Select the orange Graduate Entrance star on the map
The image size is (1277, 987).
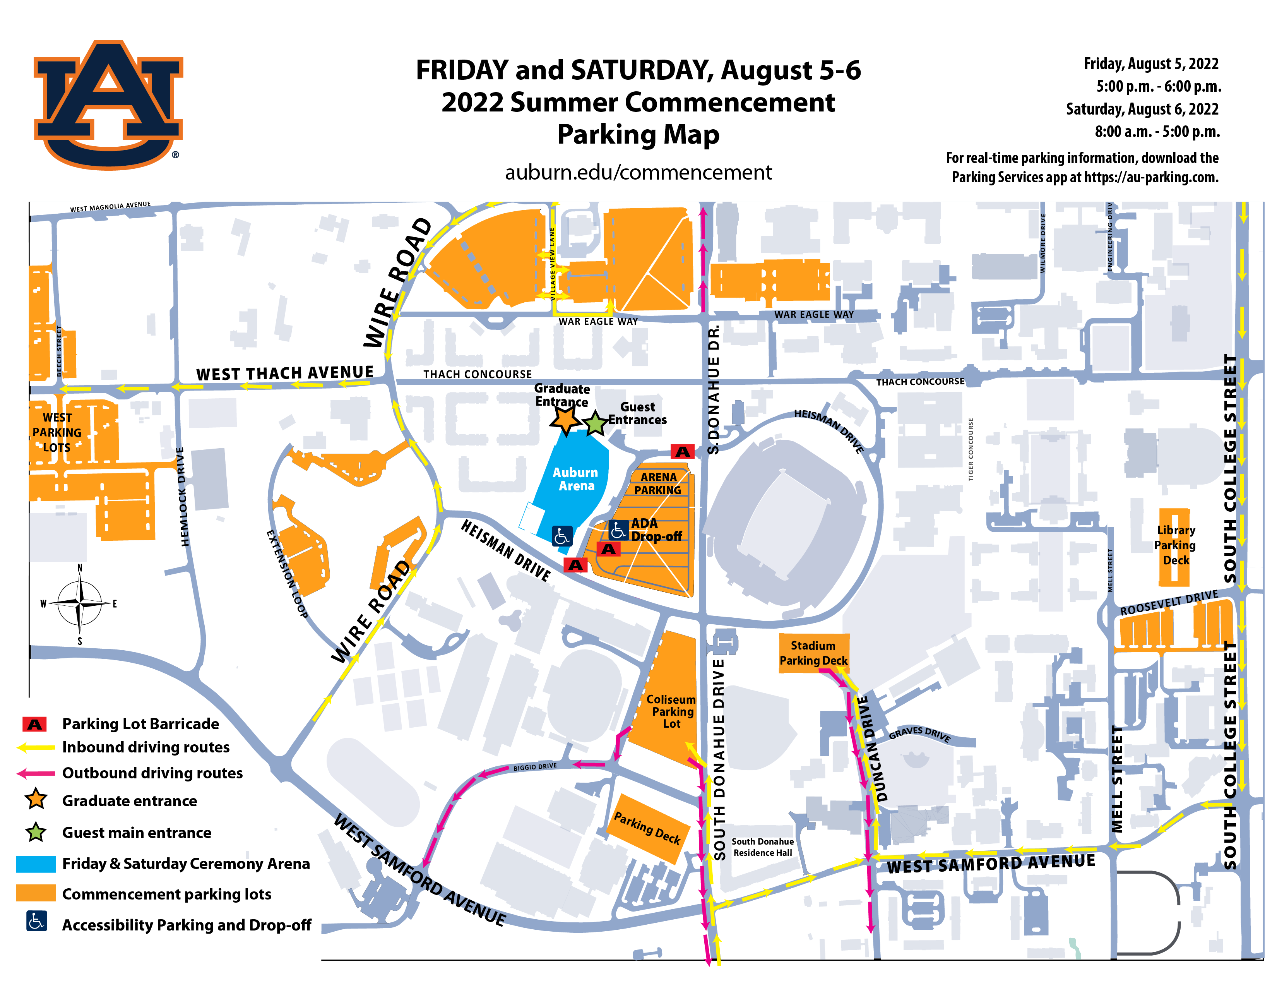[565, 419]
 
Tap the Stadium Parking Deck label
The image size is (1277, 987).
[813, 653]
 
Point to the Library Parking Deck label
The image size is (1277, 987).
[1175, 545]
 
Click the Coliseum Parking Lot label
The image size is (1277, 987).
[671, 711]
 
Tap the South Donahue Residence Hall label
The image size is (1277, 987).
[762, 846]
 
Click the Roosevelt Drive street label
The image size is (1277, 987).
[1169, 602]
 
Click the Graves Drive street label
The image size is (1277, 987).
[920, 733]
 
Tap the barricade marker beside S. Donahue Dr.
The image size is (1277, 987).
[682, 451]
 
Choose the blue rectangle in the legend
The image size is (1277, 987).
[36, 864]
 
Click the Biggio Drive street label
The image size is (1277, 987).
[535, 766]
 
